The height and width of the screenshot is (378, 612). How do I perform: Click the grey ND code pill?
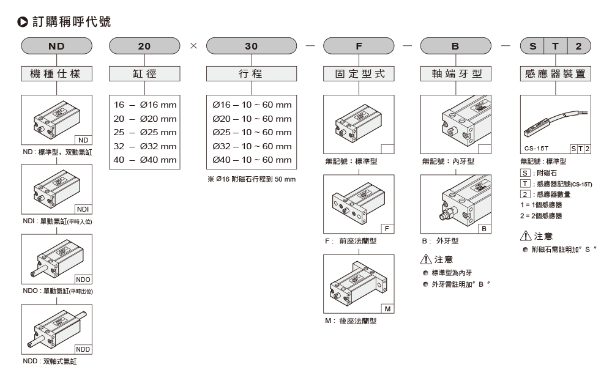(56, 46)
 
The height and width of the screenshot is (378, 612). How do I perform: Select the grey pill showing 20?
(144, 46)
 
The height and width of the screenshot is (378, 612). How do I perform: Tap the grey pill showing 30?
(252, 46)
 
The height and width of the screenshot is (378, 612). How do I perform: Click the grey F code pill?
(359, 46)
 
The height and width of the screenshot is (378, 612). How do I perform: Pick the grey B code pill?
(456, 46)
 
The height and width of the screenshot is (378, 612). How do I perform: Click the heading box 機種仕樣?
(56, 74)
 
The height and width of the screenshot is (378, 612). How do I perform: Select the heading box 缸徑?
(144, 74)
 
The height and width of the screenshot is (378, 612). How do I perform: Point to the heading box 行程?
(252, 74)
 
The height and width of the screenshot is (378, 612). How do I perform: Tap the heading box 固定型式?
(359, 74)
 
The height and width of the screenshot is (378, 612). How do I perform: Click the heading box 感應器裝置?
(555, 74)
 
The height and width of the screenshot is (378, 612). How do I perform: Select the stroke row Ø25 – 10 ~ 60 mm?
(252, 132)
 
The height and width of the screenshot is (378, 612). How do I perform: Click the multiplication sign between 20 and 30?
(193, 46)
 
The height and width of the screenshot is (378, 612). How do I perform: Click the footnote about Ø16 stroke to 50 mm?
(252, 179)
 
